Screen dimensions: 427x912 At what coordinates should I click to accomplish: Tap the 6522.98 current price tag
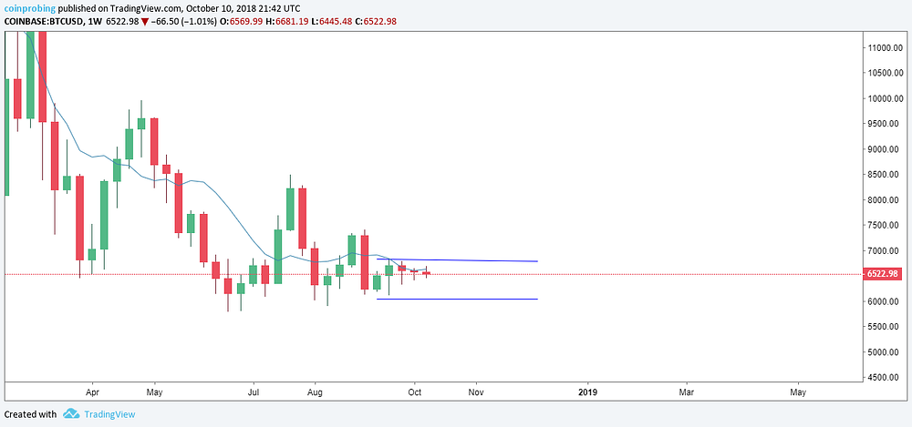click(883, 274)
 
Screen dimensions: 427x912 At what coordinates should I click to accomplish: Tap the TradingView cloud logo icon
click(71, 414)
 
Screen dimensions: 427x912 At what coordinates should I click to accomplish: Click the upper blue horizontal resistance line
click(456, 260)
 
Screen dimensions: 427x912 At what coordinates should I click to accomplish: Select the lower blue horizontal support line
click(456, 299)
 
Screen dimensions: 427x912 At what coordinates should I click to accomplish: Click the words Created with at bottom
click(30, 414)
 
